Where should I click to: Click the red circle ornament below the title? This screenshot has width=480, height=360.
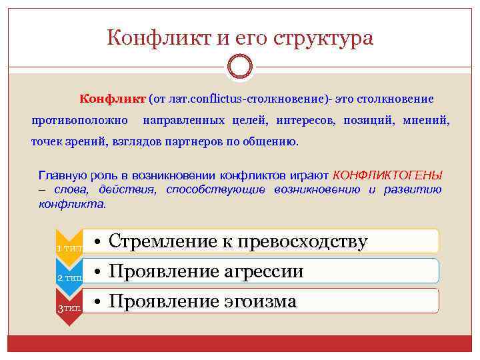click(x=240, y=67)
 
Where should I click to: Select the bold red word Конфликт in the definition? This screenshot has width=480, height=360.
click(x=112, y=99)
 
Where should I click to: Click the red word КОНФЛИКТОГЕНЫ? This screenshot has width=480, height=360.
click(x=387, y=175)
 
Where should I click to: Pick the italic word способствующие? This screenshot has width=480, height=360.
click(x=215, y=189)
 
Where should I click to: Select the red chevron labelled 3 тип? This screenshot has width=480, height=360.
click(x=69, y=307)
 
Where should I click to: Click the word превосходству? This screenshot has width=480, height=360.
click(x=307, y=241)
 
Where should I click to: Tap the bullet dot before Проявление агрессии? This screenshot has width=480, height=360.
click(x=97, y=271)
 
